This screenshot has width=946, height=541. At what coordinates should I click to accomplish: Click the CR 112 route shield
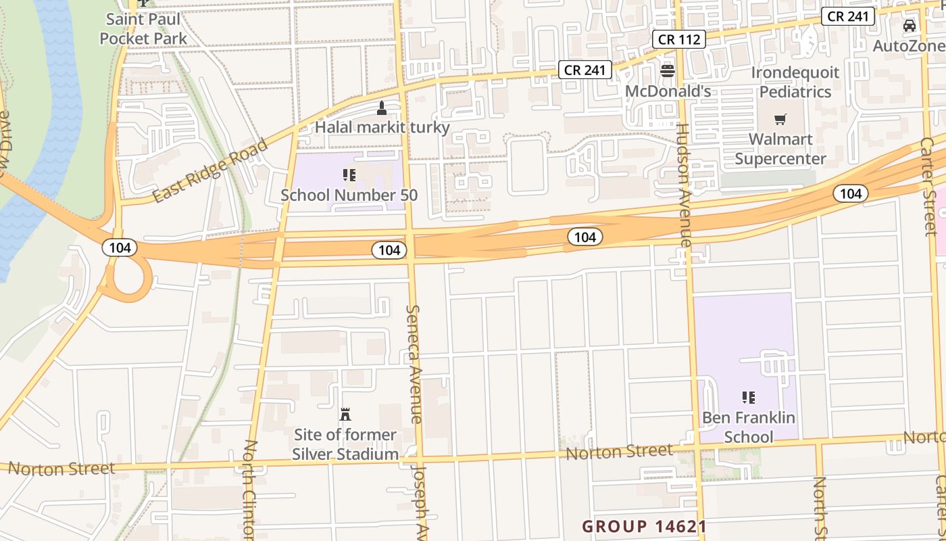[x=679, y=39]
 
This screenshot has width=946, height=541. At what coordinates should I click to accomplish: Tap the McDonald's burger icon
[x=668, y=70]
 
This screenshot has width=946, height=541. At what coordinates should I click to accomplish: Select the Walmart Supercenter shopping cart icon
[x=780, y=120]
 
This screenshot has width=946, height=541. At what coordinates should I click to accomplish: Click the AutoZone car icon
[x=910, y=26]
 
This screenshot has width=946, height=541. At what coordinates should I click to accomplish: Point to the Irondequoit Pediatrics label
[x=795, y=82]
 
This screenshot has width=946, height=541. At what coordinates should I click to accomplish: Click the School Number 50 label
[x=349, y=195]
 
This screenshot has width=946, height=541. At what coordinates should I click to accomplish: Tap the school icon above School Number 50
[x=349, y=176]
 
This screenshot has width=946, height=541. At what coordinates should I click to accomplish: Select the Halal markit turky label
[x=382, y=127]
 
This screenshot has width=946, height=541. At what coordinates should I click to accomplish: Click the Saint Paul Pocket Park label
[x=143, y=28]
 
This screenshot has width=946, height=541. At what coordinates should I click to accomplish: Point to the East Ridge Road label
[x=210, y=170]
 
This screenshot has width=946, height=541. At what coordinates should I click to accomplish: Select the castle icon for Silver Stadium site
[x=345, y=415]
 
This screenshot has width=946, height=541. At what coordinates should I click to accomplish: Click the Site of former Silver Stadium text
[x=345, y=444]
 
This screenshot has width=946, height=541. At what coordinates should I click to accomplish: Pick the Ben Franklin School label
[x=748, y=427]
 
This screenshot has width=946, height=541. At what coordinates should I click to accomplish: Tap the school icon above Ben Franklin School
[x=748, y=398]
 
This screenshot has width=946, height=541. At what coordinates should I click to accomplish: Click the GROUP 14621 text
[x=645, y=526]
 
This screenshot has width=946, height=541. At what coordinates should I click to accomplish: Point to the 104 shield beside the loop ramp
[x=120, y=248]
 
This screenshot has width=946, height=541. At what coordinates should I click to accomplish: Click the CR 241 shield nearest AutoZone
[x=848, y=16]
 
